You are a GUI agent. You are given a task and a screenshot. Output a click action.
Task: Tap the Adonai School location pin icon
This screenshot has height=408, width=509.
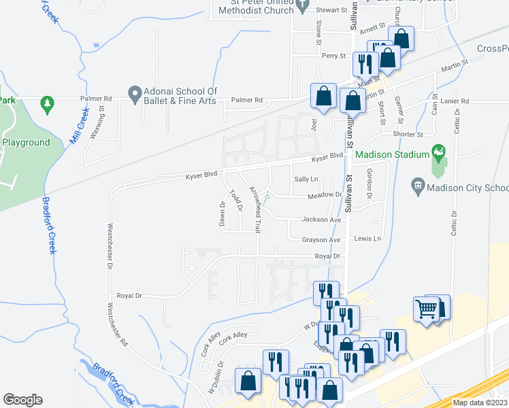coord(134,92)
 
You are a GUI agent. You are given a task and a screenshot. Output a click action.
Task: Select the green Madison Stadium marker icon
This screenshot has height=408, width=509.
coord(439,150)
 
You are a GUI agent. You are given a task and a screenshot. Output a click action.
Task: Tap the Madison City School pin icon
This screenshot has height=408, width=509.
coord(418,184)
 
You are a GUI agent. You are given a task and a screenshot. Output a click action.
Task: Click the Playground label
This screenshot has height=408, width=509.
coord(26,142)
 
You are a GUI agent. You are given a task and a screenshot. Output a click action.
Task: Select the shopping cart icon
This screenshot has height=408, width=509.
coord(427,309)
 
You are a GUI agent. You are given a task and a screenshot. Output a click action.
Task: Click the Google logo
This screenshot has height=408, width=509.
coord(22,399)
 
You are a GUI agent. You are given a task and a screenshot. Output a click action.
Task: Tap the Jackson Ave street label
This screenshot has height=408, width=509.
coord(322,220)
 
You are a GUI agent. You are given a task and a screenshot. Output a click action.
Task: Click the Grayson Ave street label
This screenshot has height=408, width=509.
coord(321,240)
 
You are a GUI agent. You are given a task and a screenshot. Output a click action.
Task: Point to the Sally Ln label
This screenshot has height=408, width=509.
coord(306,179)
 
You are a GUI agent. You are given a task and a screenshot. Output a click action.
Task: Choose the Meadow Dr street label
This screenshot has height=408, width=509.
coord(325,194)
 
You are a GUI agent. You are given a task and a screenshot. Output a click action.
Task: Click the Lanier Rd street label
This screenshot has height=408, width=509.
coord(455,101)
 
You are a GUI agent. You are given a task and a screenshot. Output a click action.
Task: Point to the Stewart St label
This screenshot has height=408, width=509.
coord(333,10)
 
